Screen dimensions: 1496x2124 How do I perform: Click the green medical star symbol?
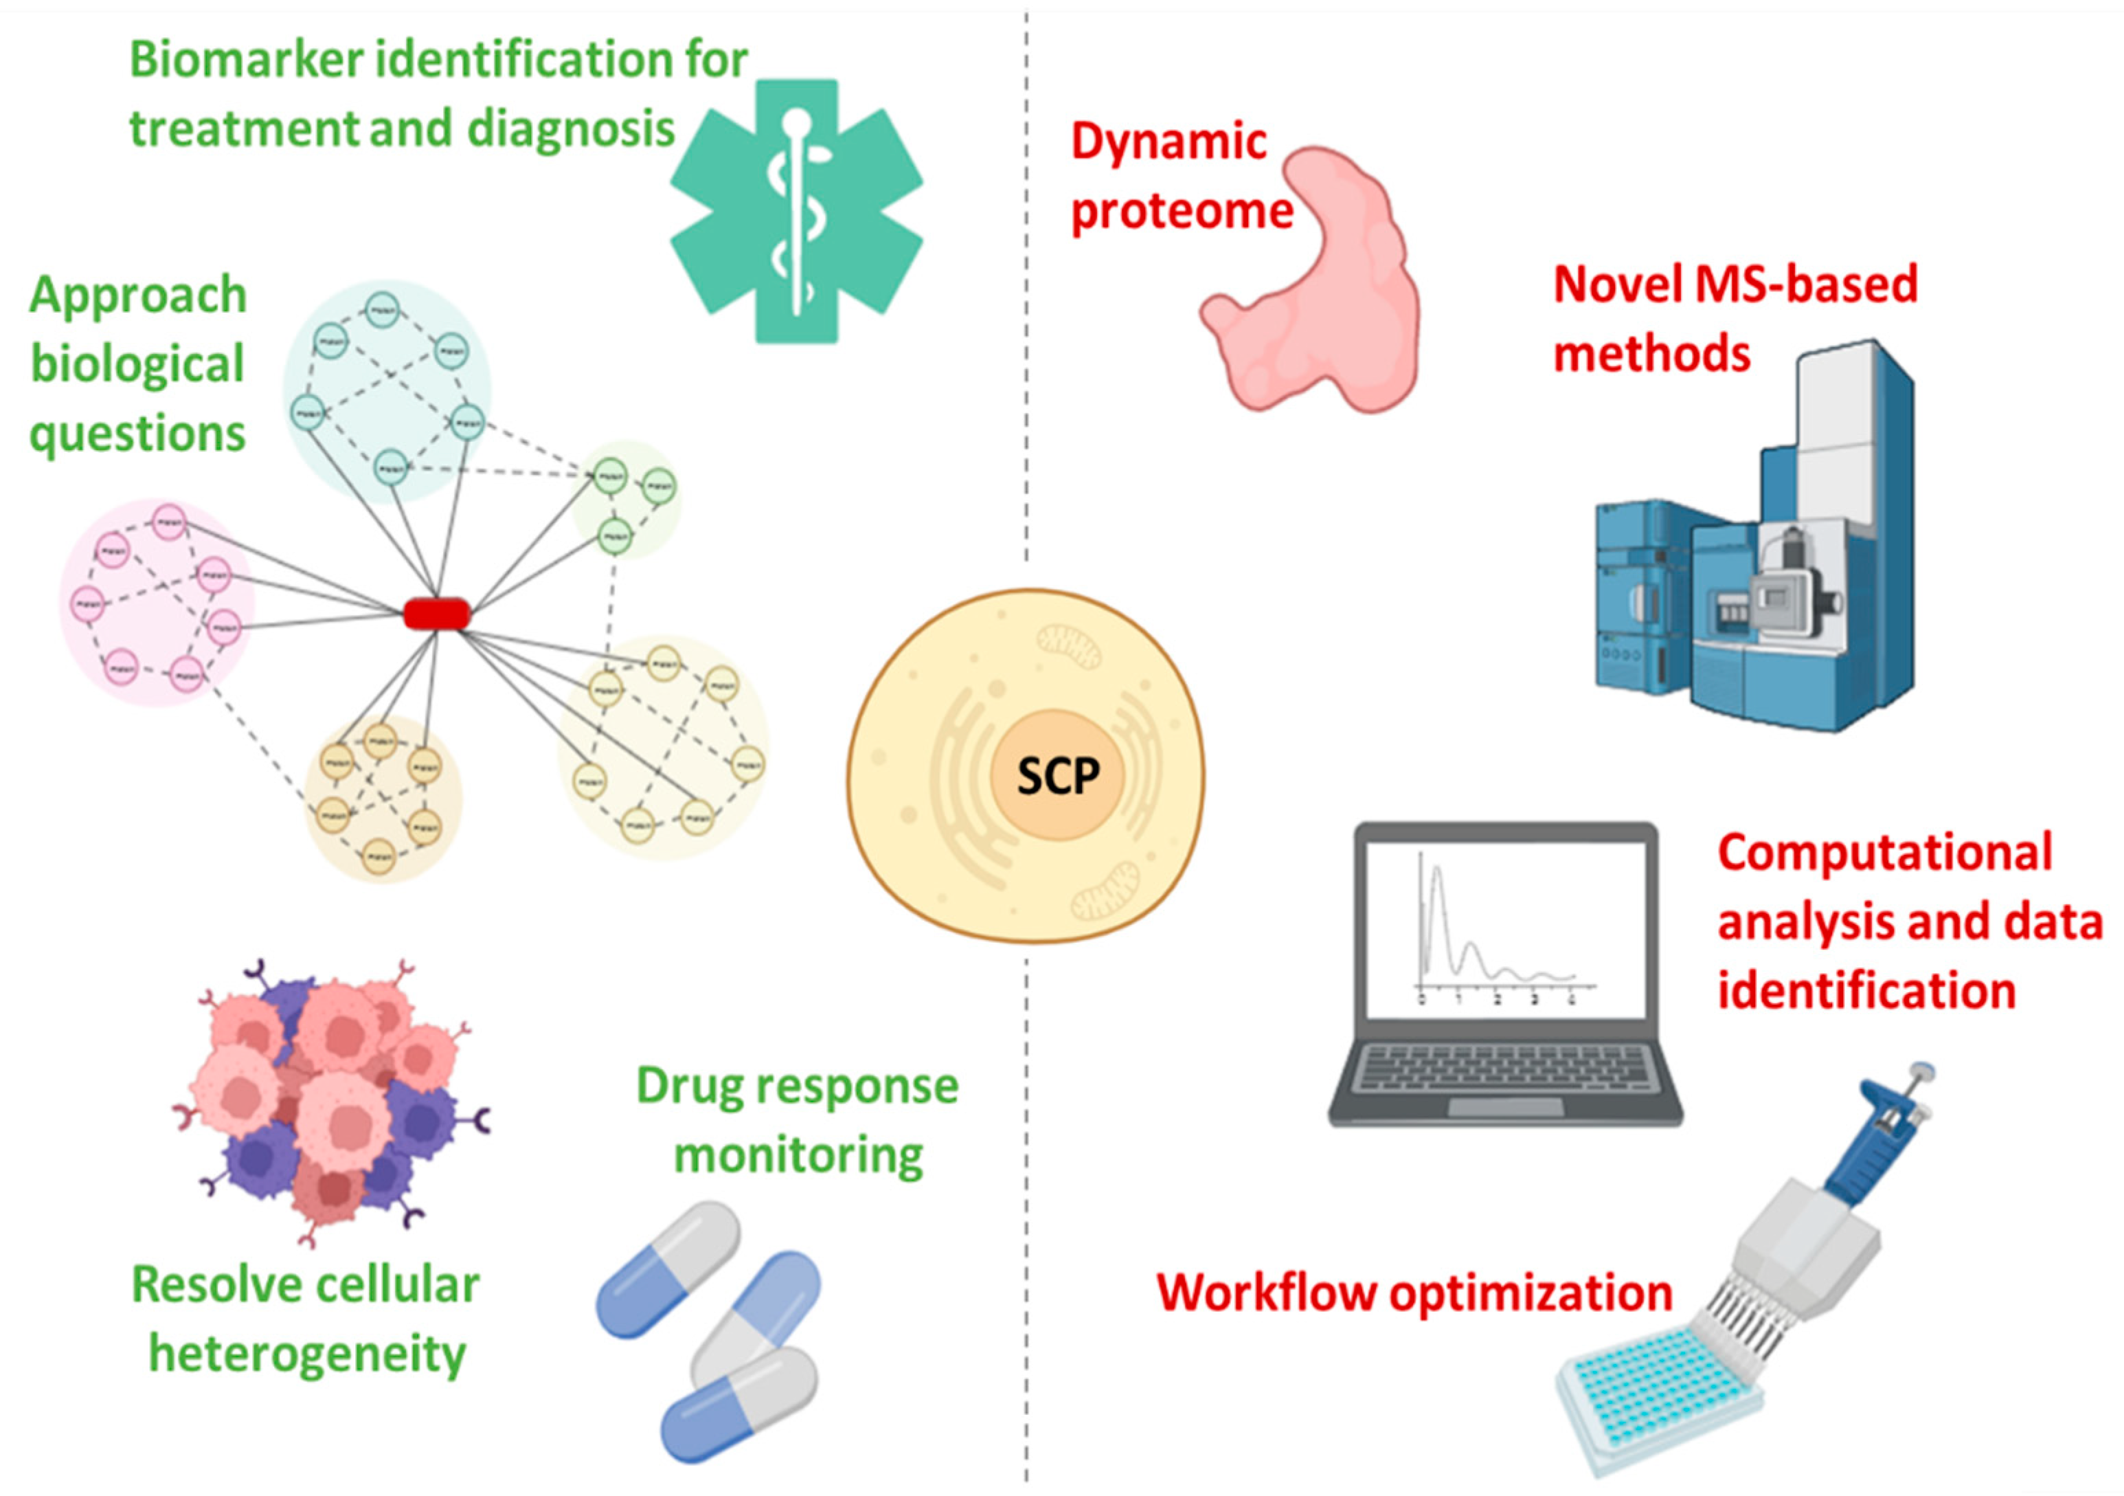797,211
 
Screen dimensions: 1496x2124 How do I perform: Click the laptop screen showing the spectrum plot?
1505,929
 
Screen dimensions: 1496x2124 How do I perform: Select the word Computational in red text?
1884,853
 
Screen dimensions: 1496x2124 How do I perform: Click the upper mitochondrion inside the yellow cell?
1068,645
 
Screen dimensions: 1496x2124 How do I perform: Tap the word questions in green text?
137,434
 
